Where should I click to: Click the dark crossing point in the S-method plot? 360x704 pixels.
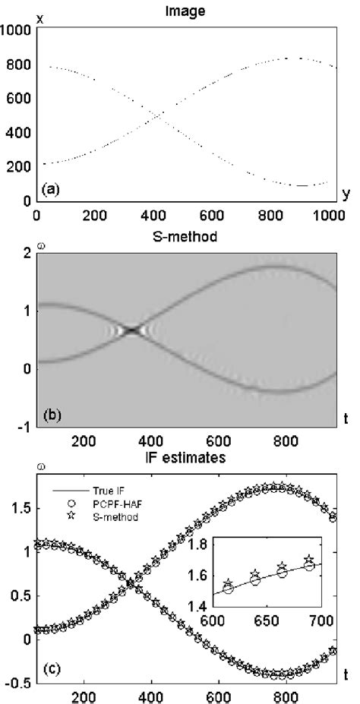(262, 330)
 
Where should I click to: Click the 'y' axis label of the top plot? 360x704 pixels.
(347, 195)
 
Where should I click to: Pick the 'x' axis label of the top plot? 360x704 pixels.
(39, 17)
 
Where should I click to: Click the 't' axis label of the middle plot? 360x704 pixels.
(347, 414)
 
